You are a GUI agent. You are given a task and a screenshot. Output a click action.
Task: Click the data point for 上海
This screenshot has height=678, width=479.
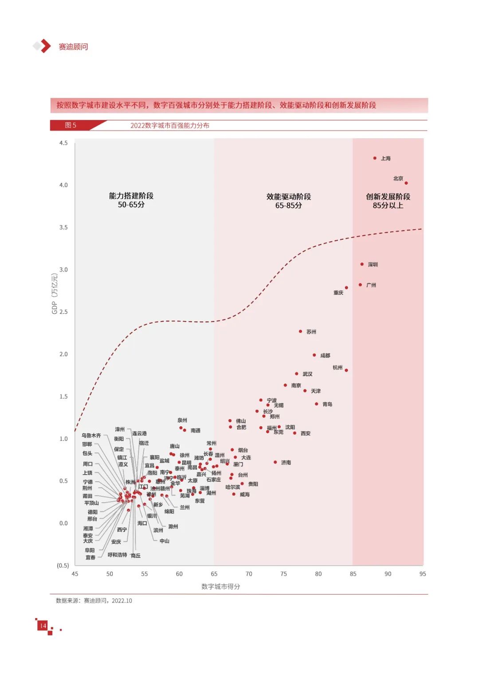375,158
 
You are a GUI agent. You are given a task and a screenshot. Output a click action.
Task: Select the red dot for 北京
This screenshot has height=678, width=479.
406,183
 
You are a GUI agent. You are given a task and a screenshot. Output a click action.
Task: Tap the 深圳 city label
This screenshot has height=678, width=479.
373,265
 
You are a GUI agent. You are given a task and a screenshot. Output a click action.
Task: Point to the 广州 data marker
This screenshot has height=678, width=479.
361,285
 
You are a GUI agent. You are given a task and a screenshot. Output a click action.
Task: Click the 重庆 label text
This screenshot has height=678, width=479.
338,293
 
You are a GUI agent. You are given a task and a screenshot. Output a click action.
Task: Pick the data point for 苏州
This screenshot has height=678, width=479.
301,331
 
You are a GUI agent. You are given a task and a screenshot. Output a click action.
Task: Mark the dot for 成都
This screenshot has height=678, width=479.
314,355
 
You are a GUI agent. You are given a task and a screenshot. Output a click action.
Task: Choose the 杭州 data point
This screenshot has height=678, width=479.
346,370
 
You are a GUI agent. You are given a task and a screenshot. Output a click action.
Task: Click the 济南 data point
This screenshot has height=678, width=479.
275,462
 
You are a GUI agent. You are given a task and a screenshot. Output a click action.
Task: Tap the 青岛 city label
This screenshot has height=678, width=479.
327,404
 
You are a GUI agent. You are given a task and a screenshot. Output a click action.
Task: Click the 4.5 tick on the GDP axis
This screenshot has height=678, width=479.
63,143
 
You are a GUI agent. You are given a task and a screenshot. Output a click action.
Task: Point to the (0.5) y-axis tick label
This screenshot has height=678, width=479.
63,566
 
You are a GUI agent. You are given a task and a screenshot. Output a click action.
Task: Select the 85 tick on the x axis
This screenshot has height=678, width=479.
353,574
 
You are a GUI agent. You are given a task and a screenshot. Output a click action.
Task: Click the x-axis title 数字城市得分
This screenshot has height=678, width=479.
221,587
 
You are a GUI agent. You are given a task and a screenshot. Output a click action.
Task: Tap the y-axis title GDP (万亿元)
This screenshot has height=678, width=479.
55,293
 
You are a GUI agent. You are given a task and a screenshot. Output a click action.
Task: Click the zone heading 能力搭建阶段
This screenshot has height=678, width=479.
131,196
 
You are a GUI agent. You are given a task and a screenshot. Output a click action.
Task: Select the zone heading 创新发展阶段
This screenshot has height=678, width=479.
388,197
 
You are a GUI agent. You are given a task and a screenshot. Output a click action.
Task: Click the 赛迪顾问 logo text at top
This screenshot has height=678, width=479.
73,47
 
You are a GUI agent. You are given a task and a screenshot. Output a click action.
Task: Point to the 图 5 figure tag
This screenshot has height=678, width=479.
71,125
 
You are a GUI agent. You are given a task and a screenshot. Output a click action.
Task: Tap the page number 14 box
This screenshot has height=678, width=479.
43,626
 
